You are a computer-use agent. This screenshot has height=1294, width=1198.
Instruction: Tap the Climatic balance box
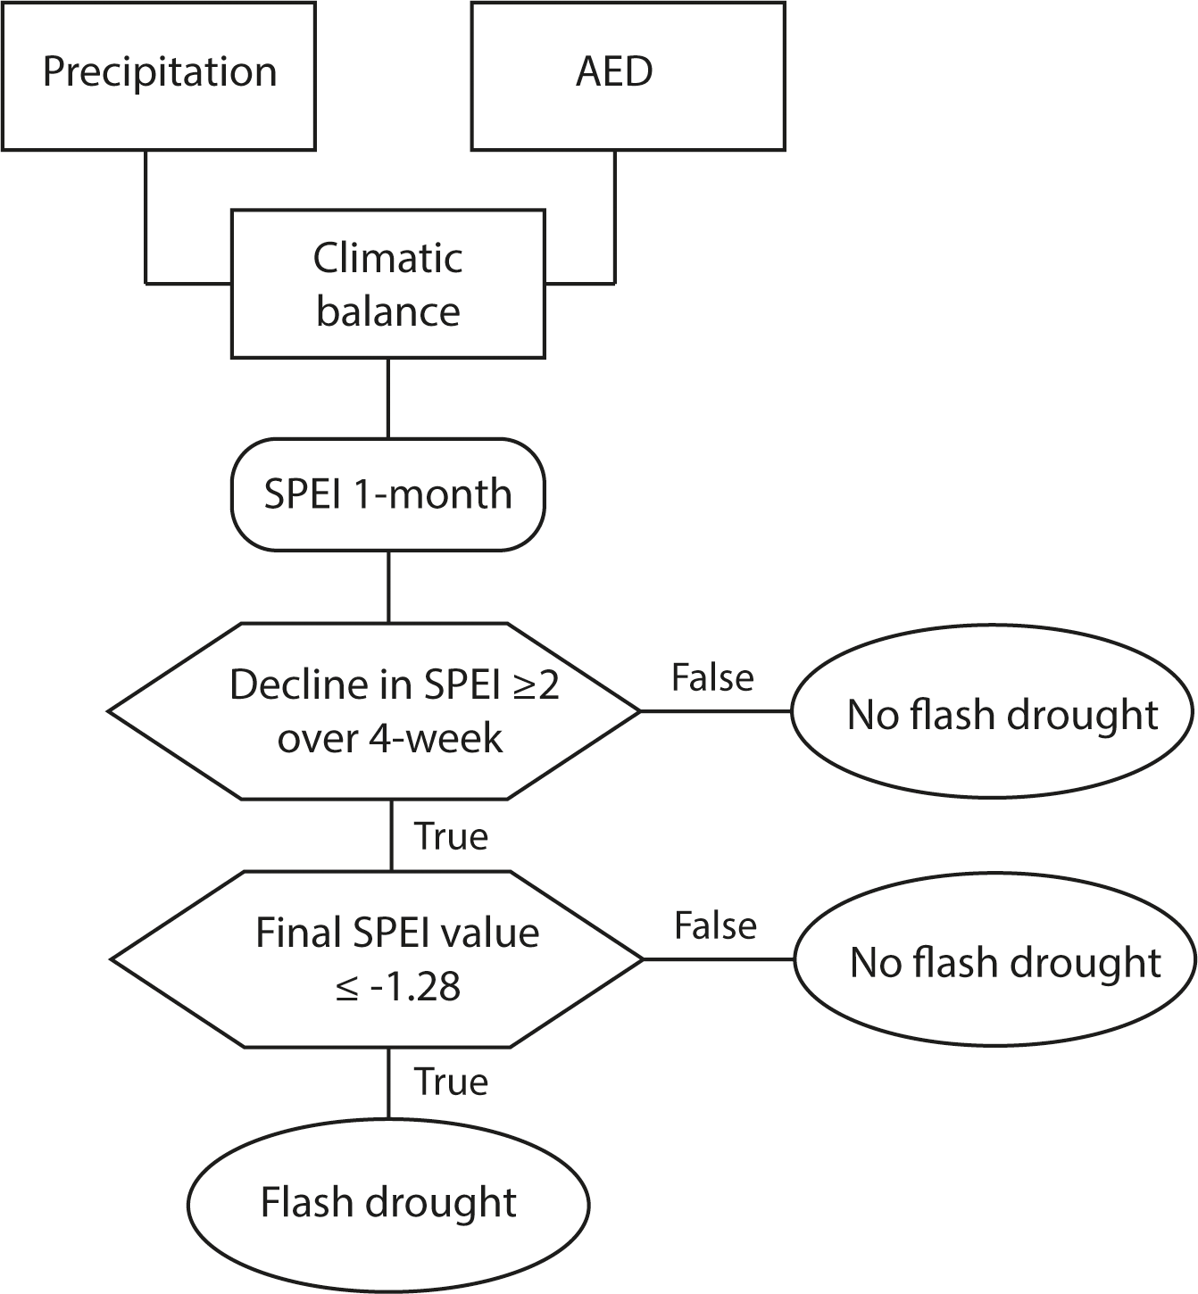click(x=388, y=284)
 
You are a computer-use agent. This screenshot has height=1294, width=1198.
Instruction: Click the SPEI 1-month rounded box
click(x=388, y=494)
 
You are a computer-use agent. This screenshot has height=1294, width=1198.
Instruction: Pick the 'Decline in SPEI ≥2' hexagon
click(x=375, y=711)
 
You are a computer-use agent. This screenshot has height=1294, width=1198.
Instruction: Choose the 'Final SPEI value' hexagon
click(x=377, y=959)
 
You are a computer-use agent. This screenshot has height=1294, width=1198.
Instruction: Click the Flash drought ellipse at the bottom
click(x=388, y=1203)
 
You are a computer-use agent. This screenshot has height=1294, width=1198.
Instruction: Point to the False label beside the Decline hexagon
click(x=712, y=678)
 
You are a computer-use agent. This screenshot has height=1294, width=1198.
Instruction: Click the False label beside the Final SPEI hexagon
click(x=715, y=926)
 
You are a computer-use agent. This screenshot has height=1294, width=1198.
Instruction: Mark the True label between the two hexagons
click(x=452, y=837)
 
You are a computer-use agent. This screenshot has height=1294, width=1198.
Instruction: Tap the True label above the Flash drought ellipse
click(x=452, y=1082)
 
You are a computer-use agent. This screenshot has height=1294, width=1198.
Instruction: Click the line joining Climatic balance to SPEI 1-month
click(x=388, y=398)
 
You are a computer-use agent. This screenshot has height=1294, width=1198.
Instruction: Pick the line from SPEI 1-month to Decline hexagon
click(x=388, y=586)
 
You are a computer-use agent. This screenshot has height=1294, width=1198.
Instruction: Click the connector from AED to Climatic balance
click(x=614, y=223)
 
